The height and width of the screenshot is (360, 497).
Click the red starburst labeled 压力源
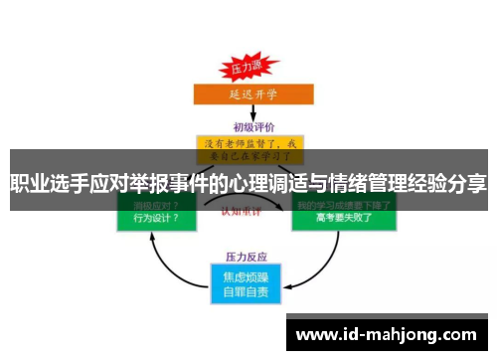click(246, 70)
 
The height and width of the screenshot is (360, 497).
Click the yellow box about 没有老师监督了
click(249, 150)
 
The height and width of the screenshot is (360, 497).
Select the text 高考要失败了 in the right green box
click(342, 218)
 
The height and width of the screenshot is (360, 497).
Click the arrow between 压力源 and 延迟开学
click(246, 83)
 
